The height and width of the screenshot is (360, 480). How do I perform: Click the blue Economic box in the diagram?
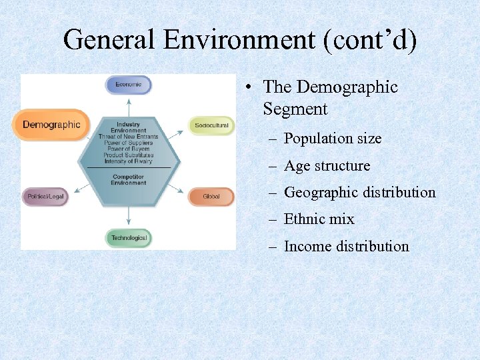[129, 85]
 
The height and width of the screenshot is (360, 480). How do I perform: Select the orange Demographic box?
[51, 125]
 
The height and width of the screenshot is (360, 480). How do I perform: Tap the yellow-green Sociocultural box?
[211, 125]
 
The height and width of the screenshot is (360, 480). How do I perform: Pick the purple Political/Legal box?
[45, 197]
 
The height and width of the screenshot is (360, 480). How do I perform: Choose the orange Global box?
[211, 197]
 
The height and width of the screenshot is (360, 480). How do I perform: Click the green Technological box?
[129, 238]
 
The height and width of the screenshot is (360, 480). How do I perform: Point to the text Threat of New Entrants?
[128, 137]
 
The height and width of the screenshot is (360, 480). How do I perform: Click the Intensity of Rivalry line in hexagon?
[128, 161]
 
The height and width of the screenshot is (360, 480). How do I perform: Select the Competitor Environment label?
[128, 179]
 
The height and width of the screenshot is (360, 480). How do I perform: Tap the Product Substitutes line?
[128, 155]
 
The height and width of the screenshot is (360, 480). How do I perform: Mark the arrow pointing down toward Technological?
[129, 219]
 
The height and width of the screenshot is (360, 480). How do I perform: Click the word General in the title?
[110, 41]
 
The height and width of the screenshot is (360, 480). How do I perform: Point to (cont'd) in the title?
[370, 41]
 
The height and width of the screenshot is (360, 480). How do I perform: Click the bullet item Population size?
[333, 139]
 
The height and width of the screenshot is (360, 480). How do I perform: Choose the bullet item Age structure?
[327, 166]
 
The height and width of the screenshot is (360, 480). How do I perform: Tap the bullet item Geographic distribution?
[359, 193]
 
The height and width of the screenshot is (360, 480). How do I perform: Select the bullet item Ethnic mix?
[319, 219]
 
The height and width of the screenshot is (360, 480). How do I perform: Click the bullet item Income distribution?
[346, 247]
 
